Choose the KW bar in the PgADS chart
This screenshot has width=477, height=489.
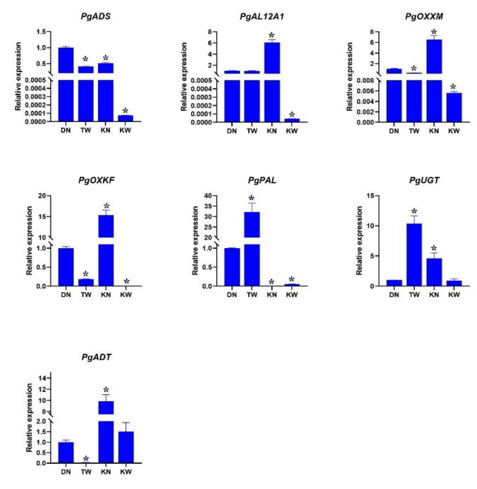coord(126,118)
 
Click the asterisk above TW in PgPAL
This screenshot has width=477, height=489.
coord(252,198)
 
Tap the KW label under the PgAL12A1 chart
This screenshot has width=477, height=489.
coord(292,131)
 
